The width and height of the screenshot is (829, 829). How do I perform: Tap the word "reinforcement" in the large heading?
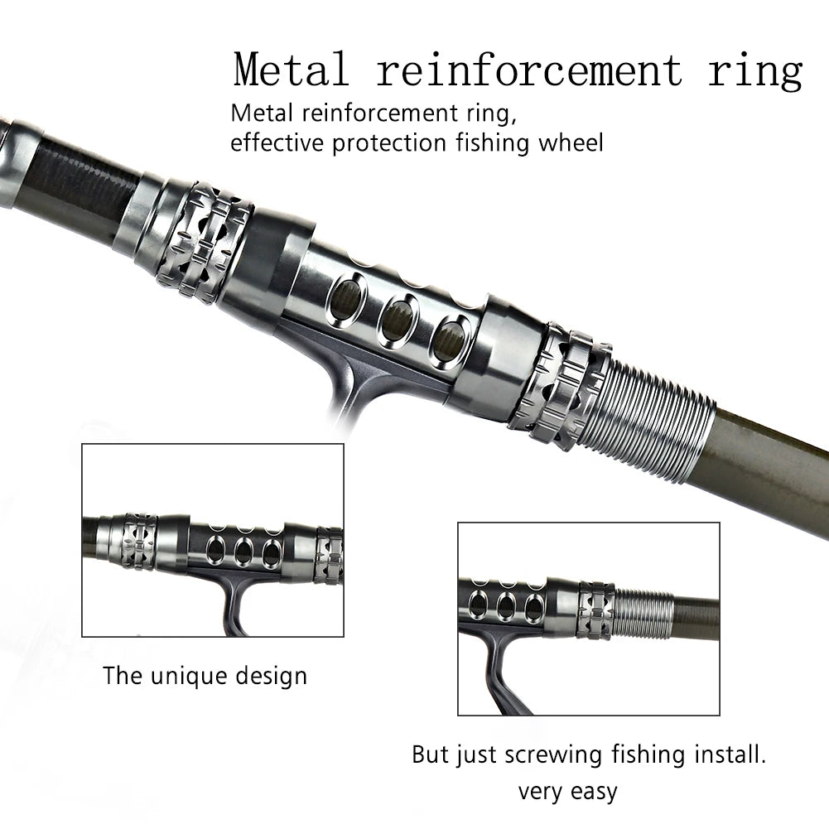tap(530, 70)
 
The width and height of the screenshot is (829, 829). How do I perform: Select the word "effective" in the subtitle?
tap(278, 142)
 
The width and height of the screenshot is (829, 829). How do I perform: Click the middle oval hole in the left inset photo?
tap(243, 551)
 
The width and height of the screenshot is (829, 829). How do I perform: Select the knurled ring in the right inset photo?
tap(595, 610)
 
